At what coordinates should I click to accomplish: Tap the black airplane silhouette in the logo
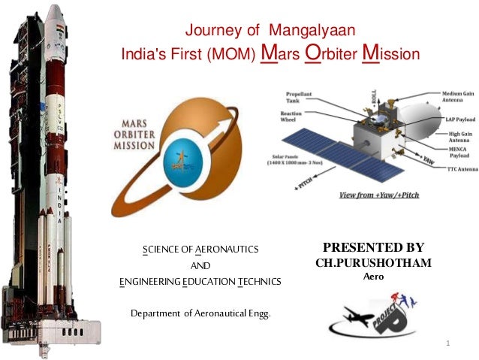click(358, 316)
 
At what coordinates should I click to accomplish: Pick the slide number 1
click(447, 343)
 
